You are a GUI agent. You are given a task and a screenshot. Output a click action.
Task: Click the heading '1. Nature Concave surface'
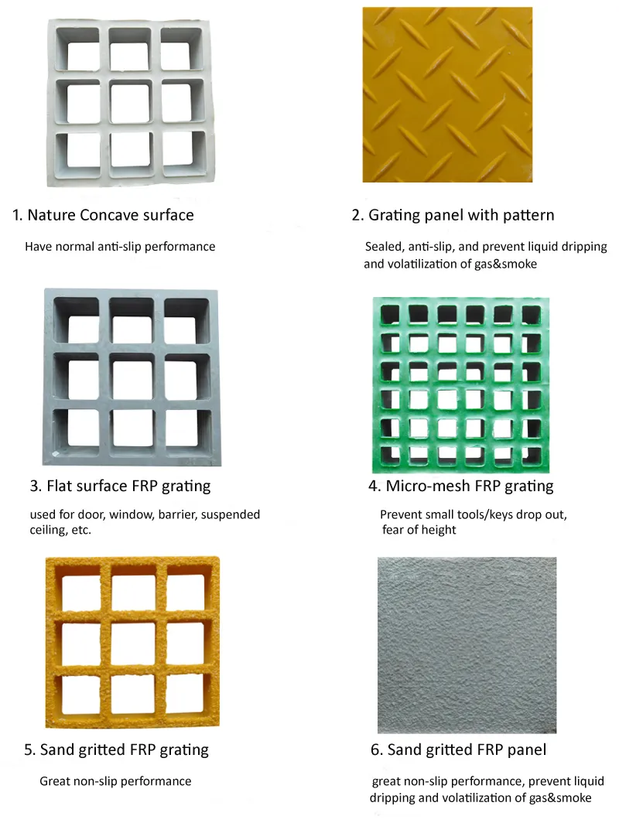(103, 215)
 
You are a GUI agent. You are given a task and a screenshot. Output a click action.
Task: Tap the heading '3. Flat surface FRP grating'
(120, 487)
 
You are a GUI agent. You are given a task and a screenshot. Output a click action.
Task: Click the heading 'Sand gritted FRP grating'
(116, 750)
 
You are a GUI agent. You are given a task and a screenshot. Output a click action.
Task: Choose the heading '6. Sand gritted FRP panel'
(457, 750)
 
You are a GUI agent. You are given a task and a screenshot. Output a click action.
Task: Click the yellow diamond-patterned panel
(447, 94)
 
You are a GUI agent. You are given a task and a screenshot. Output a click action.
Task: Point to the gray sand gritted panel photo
(467, 644)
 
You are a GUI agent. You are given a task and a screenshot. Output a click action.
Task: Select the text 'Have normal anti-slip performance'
(120, 247)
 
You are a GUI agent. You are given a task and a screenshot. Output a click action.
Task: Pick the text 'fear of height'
(419, 530)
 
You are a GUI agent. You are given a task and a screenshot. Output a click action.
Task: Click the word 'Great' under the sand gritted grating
(55, 781)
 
